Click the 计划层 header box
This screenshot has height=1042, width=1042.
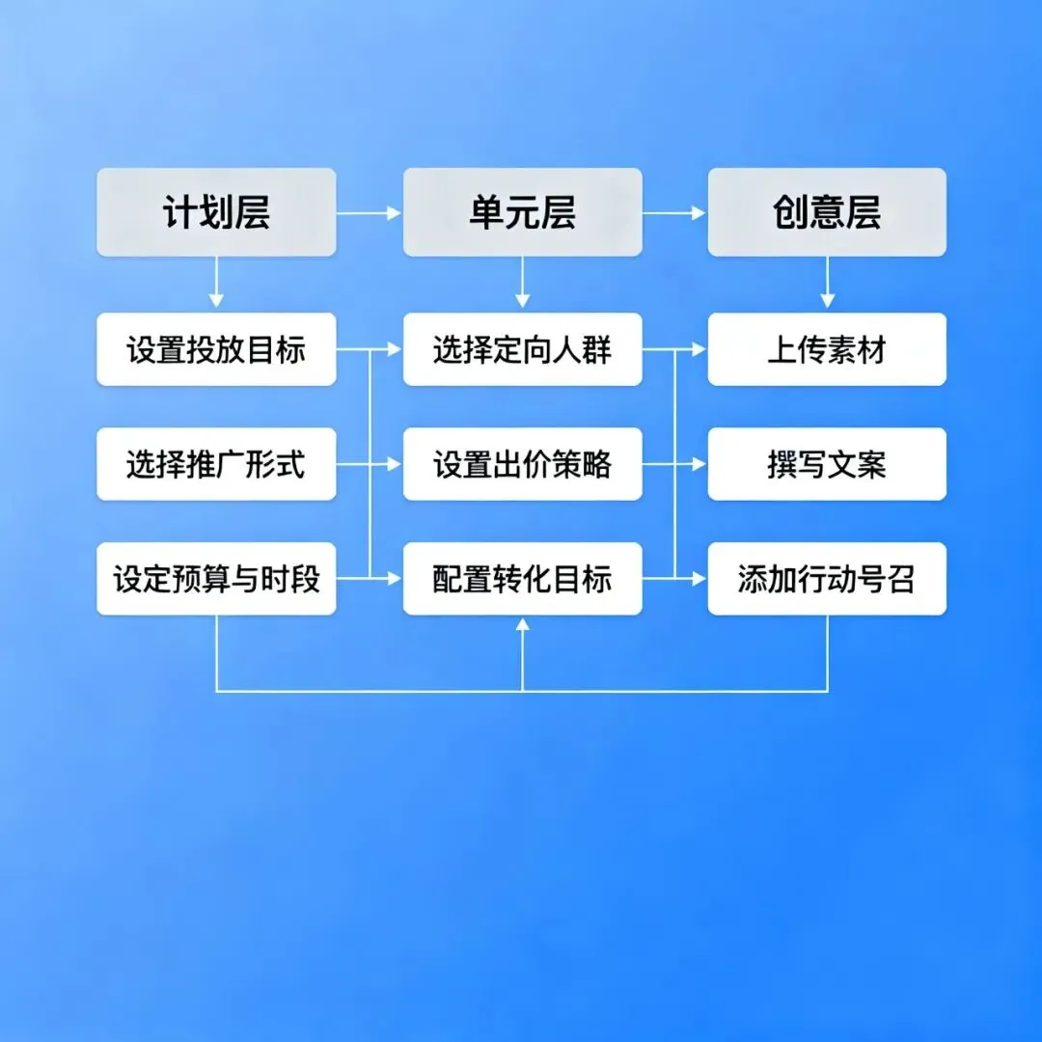[x=216, y=212]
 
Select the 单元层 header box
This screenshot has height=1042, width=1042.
[x=522, y=212]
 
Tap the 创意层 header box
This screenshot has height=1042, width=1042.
[x=827, y=212]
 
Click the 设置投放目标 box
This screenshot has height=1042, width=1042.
[x=216, y=349]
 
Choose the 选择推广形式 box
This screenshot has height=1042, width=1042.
[x=216, y=464]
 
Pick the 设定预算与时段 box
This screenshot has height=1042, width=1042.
[x=216, y=579]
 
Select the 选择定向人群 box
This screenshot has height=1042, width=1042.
[x=522, y=349]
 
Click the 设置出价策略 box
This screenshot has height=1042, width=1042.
[x=522, y=464]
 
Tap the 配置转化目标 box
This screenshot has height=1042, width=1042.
[x=522, y=579]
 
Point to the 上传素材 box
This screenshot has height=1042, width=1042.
[x=827, y=349]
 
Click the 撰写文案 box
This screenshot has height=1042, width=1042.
[x=827, y=464]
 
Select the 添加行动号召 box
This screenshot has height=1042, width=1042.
[x=827, y=579]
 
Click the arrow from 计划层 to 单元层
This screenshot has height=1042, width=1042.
[x=369, y=212]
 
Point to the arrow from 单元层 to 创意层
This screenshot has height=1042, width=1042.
[x=674, y=212]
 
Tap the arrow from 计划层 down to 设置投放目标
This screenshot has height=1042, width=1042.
[x=216, y=284]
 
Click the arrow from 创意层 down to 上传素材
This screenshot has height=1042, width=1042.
[x=827, y=284]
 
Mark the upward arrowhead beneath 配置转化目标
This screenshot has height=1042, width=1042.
[x=522, y=625]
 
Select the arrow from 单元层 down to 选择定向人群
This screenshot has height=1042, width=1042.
[x=522, y=284]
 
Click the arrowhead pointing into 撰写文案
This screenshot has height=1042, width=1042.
[x=699, y=464]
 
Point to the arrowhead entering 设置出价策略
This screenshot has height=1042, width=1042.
[x=394, y=464]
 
